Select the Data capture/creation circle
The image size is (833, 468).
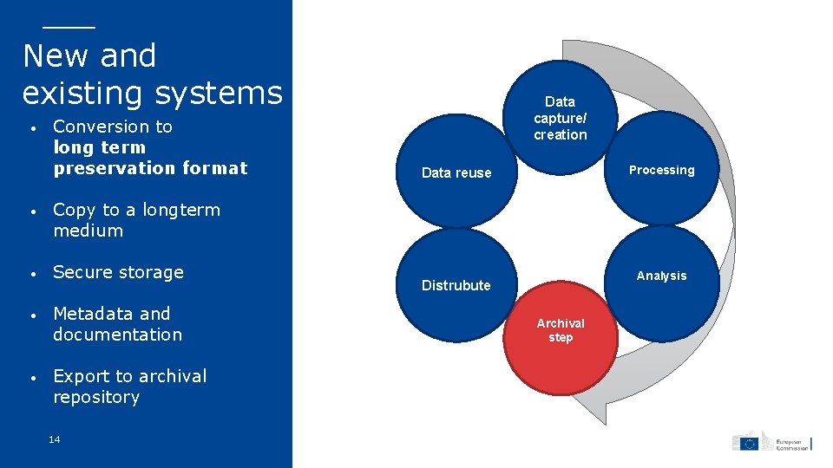pyautogui.click(x=561, y=118)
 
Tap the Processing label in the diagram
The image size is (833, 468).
pyautogui.click(x=661, y=170)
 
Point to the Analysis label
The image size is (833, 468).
pyautogui.click(x=661, y=276)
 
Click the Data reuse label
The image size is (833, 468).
pyautogui.click(x=456, y=172)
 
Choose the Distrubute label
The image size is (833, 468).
pyautogui.click(x=456, y=285)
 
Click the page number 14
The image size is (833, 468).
pyautogui.click(x=55, y=440)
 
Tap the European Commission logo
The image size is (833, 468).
pyautogui.click(x=771, y=442)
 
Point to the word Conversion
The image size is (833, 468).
pyautogui.click(x=113, y=127)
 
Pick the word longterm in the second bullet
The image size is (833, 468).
pyautogui.click(x=181, y=210)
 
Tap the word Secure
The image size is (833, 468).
pyautogui.click(x=80, y=272)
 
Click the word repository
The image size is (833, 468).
pyautogui.click(x=96, y=397)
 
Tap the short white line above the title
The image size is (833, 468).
pyautogui.click(x=69, y=27)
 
